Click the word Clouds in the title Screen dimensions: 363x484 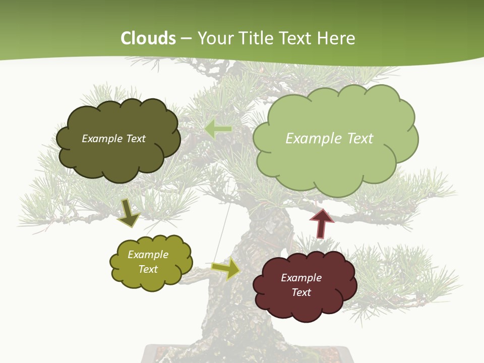149,38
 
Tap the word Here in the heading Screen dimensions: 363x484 337,38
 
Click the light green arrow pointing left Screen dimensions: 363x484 218,130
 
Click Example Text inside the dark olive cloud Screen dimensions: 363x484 113,139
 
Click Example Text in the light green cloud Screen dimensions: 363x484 329,139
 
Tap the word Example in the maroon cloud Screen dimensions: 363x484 301,278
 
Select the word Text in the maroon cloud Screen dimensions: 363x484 301,292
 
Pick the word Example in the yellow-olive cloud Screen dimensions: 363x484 148,255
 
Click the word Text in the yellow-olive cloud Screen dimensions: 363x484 148,269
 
